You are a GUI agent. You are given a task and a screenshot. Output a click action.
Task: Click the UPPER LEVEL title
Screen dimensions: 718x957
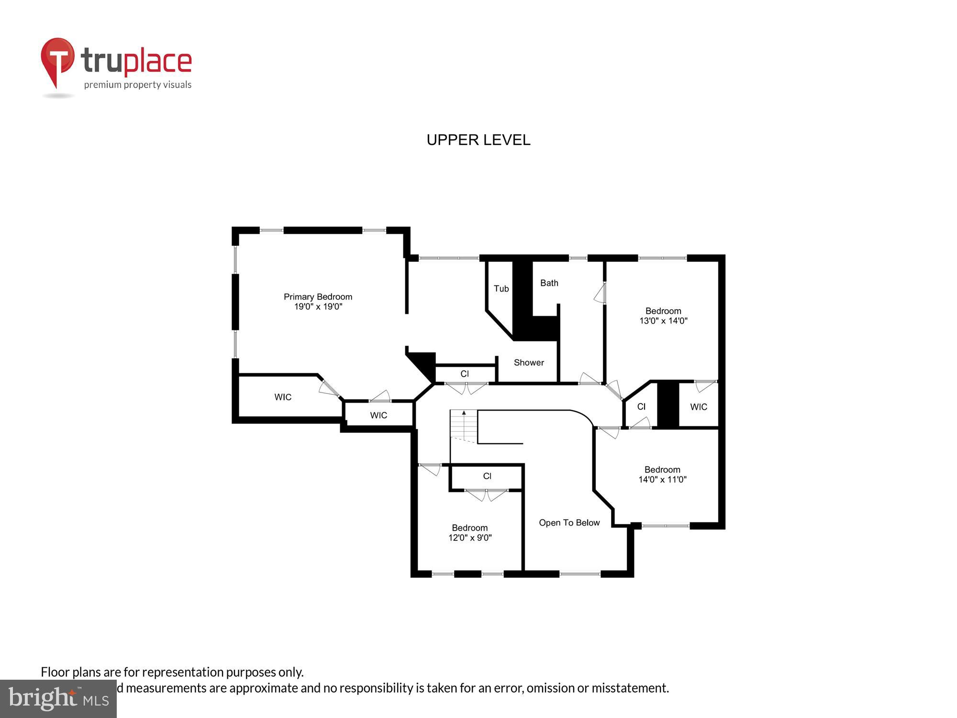point(478,140)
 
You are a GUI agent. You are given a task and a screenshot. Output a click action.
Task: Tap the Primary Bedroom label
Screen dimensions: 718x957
point(318,297)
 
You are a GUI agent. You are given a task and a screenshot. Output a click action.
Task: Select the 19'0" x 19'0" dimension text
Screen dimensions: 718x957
point(318,307)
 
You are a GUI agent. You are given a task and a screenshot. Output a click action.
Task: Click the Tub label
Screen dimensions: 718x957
point(501,289)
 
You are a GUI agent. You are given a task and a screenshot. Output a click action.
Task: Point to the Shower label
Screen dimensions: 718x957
point(529,362)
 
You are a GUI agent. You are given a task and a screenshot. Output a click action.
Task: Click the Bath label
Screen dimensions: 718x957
point(549,283)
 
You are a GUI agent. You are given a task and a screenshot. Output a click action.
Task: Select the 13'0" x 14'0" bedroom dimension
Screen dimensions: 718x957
point(663,321)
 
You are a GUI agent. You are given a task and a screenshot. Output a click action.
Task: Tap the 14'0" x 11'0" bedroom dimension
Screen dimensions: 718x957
point(662,480)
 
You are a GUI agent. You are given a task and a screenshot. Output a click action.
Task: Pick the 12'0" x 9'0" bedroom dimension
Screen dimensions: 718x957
point(469,538)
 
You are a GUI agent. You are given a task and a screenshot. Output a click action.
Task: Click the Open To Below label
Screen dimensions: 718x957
point(569,523)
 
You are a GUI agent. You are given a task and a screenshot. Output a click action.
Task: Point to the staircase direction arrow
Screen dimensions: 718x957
point(464,413)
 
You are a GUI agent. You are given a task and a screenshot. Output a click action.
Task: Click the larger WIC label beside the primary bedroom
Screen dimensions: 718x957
point(283,397)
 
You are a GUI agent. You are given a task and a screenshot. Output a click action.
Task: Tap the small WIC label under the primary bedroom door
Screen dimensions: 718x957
point(378,415)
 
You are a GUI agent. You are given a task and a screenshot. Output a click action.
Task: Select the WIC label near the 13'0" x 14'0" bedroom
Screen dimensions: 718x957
point(698,407)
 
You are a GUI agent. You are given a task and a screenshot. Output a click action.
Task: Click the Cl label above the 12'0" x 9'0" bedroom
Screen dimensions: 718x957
point(487,476)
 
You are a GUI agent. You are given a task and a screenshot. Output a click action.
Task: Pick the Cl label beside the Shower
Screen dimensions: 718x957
point(465,374)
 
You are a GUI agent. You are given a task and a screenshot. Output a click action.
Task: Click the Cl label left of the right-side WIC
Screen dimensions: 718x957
point(641,406)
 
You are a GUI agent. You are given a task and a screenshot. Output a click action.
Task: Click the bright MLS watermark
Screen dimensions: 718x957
point(58,699)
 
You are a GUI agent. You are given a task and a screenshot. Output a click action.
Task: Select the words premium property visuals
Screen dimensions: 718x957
point(138,85)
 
